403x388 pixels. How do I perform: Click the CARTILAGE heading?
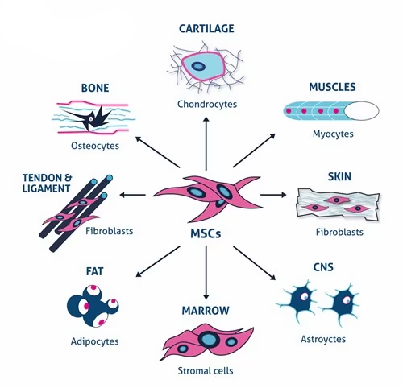pyautogui.click(x=206, y=28)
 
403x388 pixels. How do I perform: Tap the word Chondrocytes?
pyautogui.click(x=207, y=104)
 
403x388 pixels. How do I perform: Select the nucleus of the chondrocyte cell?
pyautogui.click(x=198, y=66)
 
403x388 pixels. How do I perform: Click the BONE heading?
pyautogui.click(x=95, y=88)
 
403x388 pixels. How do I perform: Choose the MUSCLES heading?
pyautogui.click(x=332, y=87)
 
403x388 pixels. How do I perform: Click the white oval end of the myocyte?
pyautogui.click(x=361, y=110)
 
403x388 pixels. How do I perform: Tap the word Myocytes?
pyautogui.click(x=333, y=134)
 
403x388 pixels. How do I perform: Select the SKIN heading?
pyautogui.click(x=339, y=176)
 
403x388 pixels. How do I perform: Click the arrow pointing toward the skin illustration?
pyautogui.click(x=273, y=195)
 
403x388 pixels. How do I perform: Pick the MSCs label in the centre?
pyautogui.click(x=206, y=233)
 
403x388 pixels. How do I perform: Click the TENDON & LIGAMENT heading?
pyautogui.click(x=47, y=183)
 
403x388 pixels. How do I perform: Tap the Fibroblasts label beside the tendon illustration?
pyautogui.click(x=110, y=231)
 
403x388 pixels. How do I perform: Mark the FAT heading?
pyautogui.click(x=94, y=271)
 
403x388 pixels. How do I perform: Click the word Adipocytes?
pyautogui.click(x=94, y=341)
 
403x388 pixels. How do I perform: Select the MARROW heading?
pyautogui.click(x=206, y=311)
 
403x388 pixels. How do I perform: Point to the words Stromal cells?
pyautogui.click(x=206, y=371)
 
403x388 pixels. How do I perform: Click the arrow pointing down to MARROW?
pyautogui.click(x=206, y=272)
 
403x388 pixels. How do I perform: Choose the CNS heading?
pyautogui.click(x=323, y=267)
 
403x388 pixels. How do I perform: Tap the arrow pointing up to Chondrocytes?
pyautogui.click(x=206, y=143)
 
